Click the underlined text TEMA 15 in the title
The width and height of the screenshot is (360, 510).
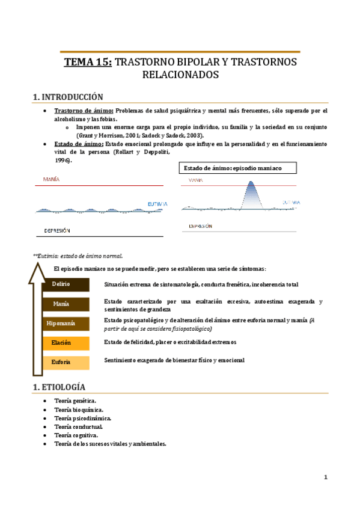pos(88,62)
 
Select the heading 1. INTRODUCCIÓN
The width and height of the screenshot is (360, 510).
pos(68,97)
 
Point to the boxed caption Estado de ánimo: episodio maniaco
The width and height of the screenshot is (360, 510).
pos(231,168)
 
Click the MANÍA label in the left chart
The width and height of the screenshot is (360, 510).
pos(52,179)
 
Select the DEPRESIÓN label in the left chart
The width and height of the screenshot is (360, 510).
pos(57,230)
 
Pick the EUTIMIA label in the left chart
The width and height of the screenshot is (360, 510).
pos(157,204)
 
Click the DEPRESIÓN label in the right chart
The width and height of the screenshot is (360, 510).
pos(201,226)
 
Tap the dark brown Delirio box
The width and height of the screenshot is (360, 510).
pos(61,284)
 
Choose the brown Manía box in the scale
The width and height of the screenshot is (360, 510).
pos(61,304)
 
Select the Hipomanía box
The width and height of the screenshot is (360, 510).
pos(61,324)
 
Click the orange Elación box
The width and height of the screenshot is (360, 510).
pos(61,343)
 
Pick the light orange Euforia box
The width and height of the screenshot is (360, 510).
pos(61,362)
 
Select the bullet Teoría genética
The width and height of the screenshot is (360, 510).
pos(75,400)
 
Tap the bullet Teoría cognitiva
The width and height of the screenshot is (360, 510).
pos(76,435)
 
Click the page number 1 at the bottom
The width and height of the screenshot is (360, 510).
pos(325,478)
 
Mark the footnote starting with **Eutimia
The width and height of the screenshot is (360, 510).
pos(78,256)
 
